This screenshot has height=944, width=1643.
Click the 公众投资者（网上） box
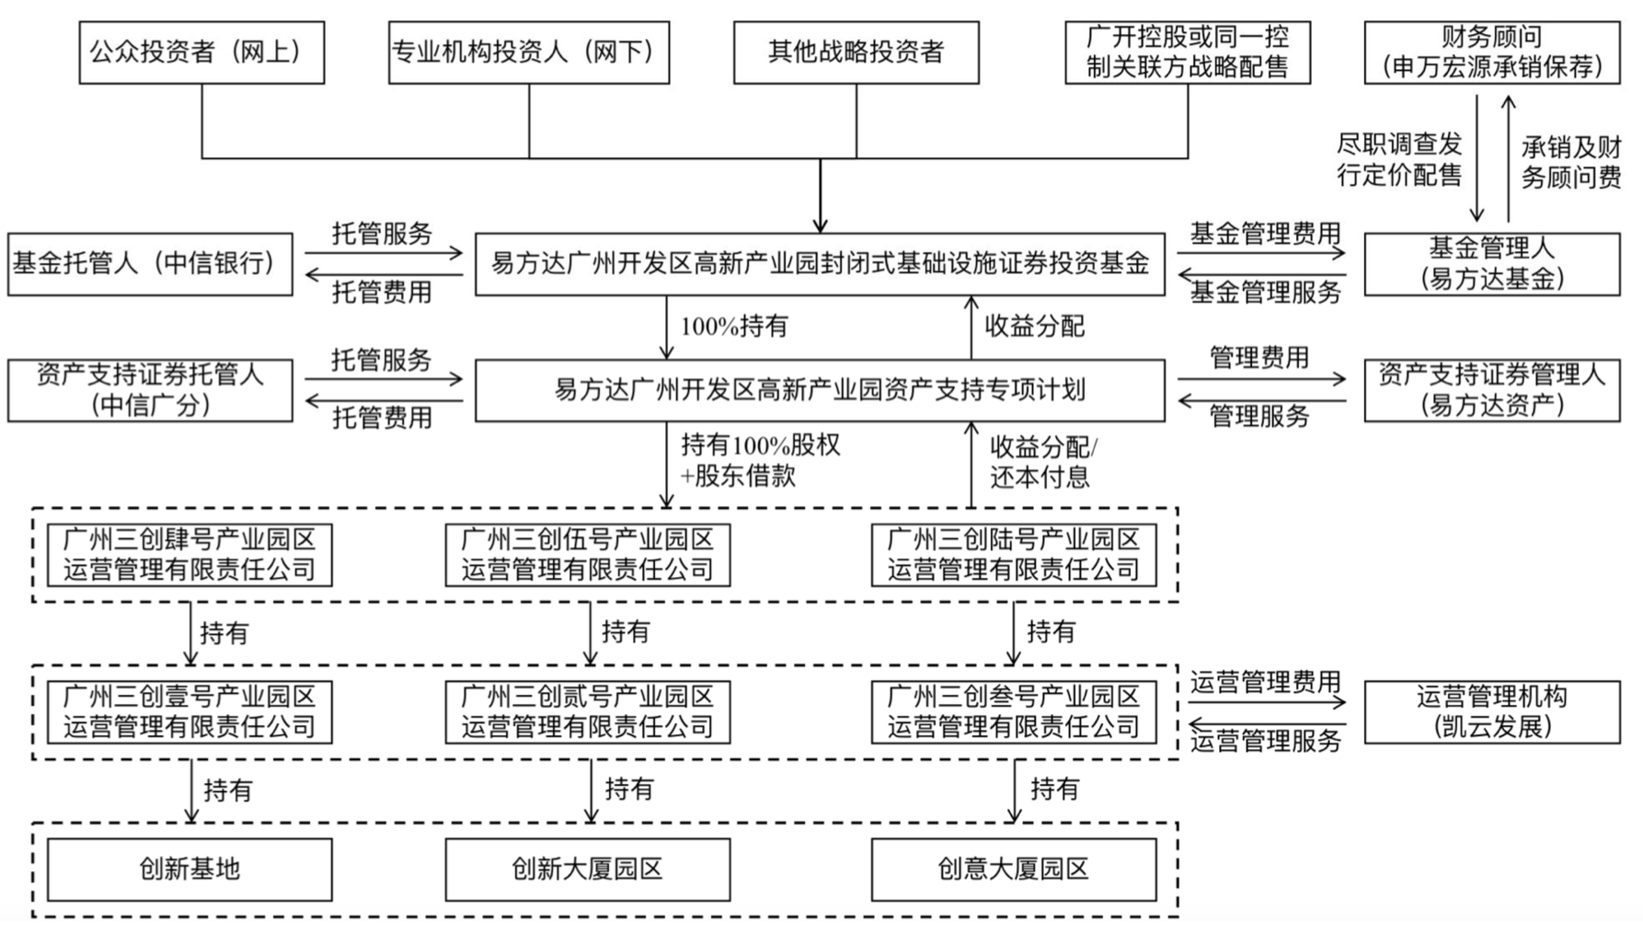201,52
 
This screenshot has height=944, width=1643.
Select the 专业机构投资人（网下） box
528,52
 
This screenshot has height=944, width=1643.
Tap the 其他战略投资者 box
856,52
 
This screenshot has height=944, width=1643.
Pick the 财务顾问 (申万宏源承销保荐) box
1491,52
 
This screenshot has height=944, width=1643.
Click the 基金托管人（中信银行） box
150,264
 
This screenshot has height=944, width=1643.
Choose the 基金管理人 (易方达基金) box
1491,264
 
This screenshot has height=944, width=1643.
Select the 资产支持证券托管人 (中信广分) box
150,390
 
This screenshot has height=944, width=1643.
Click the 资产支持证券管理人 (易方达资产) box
1491,390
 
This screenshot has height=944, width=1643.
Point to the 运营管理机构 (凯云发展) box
1491,712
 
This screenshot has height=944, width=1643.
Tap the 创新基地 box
190,869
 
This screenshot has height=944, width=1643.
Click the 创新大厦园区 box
587,869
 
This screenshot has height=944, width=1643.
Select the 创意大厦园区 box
1013,869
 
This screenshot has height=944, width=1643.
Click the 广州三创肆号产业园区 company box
190,555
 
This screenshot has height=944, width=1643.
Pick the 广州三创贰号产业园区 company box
587,712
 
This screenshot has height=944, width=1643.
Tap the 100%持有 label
734,327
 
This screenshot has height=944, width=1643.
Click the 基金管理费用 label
1265,234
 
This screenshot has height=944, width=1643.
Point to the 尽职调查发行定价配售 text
1398,159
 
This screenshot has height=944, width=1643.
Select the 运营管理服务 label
1265,741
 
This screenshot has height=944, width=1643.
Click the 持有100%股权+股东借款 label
760,460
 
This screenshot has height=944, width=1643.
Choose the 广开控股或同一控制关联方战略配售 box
1187,52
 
